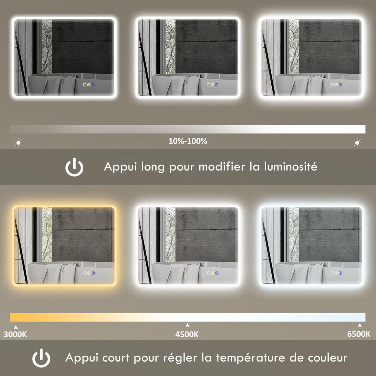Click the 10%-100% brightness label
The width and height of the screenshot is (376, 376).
[x=188, y=141]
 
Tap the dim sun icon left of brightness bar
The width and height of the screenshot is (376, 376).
[x=18, y=143]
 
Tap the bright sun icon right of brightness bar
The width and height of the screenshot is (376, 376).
[x=357, y=143]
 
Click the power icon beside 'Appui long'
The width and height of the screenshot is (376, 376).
[x=74, y=167]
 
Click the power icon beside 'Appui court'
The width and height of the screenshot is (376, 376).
[x=41, y=358]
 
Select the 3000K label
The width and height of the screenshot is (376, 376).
[x=15, y=334]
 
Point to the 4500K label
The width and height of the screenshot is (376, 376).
[x=187, y=334]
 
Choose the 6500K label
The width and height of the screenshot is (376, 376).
[x=359, y=334]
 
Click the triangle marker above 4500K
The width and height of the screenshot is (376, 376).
[x=187, y=325]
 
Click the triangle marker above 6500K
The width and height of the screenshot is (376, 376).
[x=360, y=325]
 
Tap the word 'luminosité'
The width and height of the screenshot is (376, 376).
[x=291, y=166]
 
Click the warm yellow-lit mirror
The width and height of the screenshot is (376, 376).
[x=64, y=245]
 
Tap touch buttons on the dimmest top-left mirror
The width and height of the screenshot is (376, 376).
[x=89, y=85]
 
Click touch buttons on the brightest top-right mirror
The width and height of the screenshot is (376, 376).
[x=336, y=85]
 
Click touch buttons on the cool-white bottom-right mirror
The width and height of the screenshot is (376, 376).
[x=336, y=273]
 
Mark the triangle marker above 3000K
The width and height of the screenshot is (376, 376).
[x=16, y=327]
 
